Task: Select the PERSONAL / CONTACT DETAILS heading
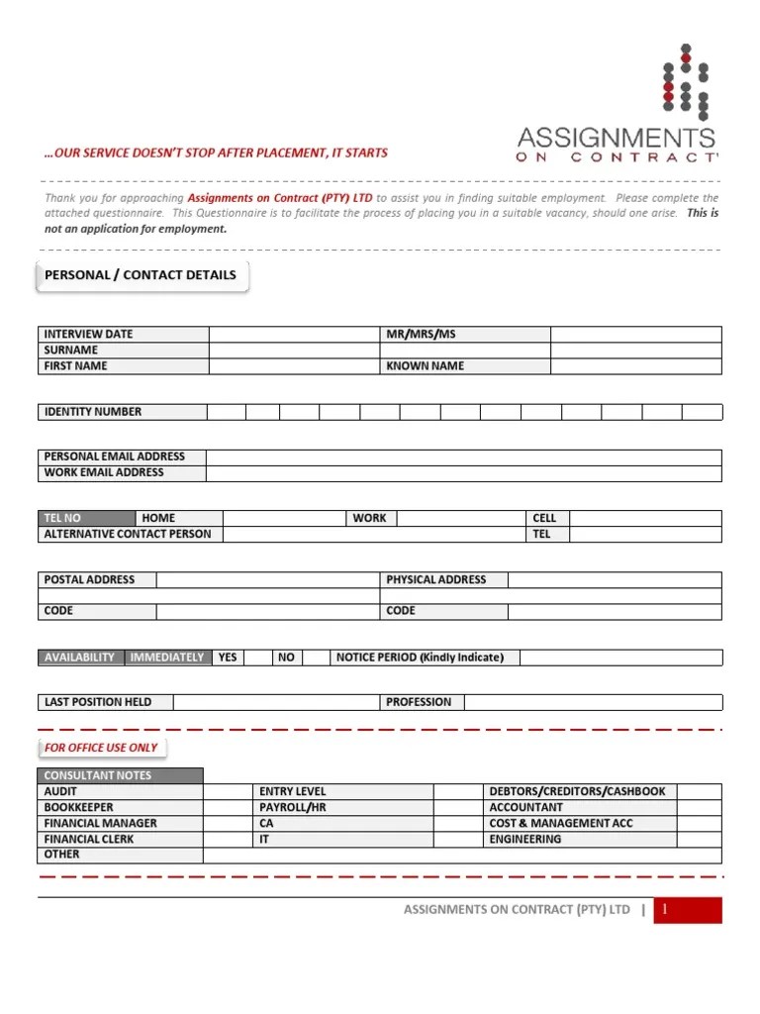click(x=141, y=275)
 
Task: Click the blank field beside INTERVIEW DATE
click(x=295, y=335)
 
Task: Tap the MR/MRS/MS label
click(x=421, y=335)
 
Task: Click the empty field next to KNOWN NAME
click(x=635, y=366)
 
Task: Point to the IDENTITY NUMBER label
click(x=93, y=412)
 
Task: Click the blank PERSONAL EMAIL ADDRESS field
click(x=463, y=457)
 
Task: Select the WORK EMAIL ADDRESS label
click(x=104, y=473)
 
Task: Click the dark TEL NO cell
click(x=87, y=518)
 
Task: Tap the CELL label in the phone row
click(x=544, y=518)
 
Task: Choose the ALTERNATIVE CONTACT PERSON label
click(x=128, y=534)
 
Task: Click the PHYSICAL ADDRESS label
click(x=436, y=579)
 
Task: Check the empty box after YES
click(x=258, y=658)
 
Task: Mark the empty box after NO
click(x=316, y=658)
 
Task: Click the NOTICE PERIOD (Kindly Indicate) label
click(x=420, y=658)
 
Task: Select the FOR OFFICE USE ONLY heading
click(x=101, y=748)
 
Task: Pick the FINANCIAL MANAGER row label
click(x=100, y=824)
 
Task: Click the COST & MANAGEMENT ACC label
click(x=560, y=824)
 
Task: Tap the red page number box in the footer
click(x=688, y=910)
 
